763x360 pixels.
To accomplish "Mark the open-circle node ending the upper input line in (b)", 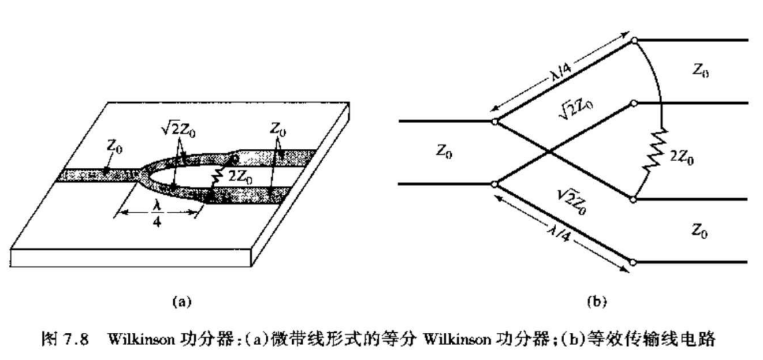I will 495,122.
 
